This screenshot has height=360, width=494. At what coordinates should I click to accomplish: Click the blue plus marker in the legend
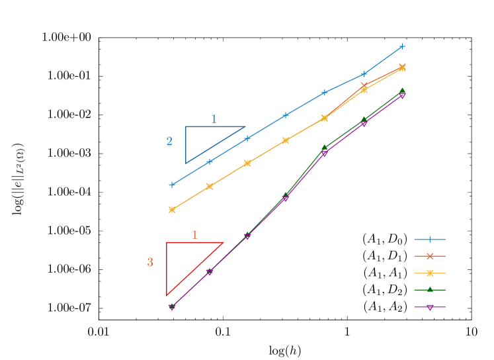430,240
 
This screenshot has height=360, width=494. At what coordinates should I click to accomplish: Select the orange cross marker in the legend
430,256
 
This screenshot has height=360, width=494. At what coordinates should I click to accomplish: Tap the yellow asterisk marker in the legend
430,273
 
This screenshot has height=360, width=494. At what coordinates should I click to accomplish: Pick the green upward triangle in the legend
430,289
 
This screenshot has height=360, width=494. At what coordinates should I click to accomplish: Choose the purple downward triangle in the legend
430,307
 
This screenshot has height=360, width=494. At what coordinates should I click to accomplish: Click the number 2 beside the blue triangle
169,142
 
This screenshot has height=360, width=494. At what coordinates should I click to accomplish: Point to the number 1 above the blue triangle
214,119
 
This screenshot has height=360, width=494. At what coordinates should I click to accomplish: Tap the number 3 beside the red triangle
150,263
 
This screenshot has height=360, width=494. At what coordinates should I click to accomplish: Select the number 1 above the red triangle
194,235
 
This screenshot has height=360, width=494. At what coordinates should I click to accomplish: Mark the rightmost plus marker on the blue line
402,46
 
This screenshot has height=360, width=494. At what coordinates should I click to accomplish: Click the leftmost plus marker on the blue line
172,185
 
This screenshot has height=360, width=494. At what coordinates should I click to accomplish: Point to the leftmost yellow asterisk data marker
172,209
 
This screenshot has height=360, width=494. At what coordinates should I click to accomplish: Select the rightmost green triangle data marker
402,91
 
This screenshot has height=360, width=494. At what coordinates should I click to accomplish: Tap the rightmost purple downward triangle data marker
402,96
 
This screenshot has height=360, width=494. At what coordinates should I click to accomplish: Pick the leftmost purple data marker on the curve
172,307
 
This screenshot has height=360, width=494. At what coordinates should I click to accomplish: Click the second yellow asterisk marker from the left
210,186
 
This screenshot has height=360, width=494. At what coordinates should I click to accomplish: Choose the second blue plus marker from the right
364,73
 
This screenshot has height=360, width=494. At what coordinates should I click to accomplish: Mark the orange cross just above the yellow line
364,85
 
